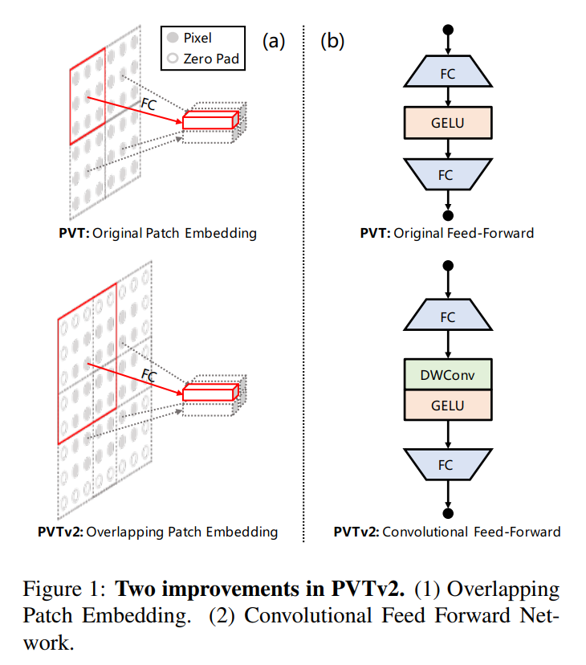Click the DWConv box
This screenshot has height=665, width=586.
point(448,374)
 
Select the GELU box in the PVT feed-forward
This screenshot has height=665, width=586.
point(448,123)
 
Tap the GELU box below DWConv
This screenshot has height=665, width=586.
point(448,405)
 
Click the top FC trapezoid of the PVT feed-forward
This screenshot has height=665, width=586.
point(448,71)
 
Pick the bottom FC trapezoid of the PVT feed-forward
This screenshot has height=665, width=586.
point(448,174)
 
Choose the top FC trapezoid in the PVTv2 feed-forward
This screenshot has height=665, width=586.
point(448,315)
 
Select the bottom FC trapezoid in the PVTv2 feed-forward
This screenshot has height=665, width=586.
point(448,464)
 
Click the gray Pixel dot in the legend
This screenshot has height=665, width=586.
point(173,37)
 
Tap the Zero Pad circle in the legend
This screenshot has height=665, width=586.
point(173,58)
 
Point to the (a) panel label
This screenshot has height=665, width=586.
point(274,41)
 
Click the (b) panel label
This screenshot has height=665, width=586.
point(332,41)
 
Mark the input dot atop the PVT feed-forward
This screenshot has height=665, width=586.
point(448,30)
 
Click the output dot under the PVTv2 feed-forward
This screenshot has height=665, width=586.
point(448,513)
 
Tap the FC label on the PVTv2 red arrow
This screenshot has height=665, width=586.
point(149,375)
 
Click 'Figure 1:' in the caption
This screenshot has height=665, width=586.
point(64,589)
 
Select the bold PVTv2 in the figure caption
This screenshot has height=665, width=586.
point(368,589)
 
